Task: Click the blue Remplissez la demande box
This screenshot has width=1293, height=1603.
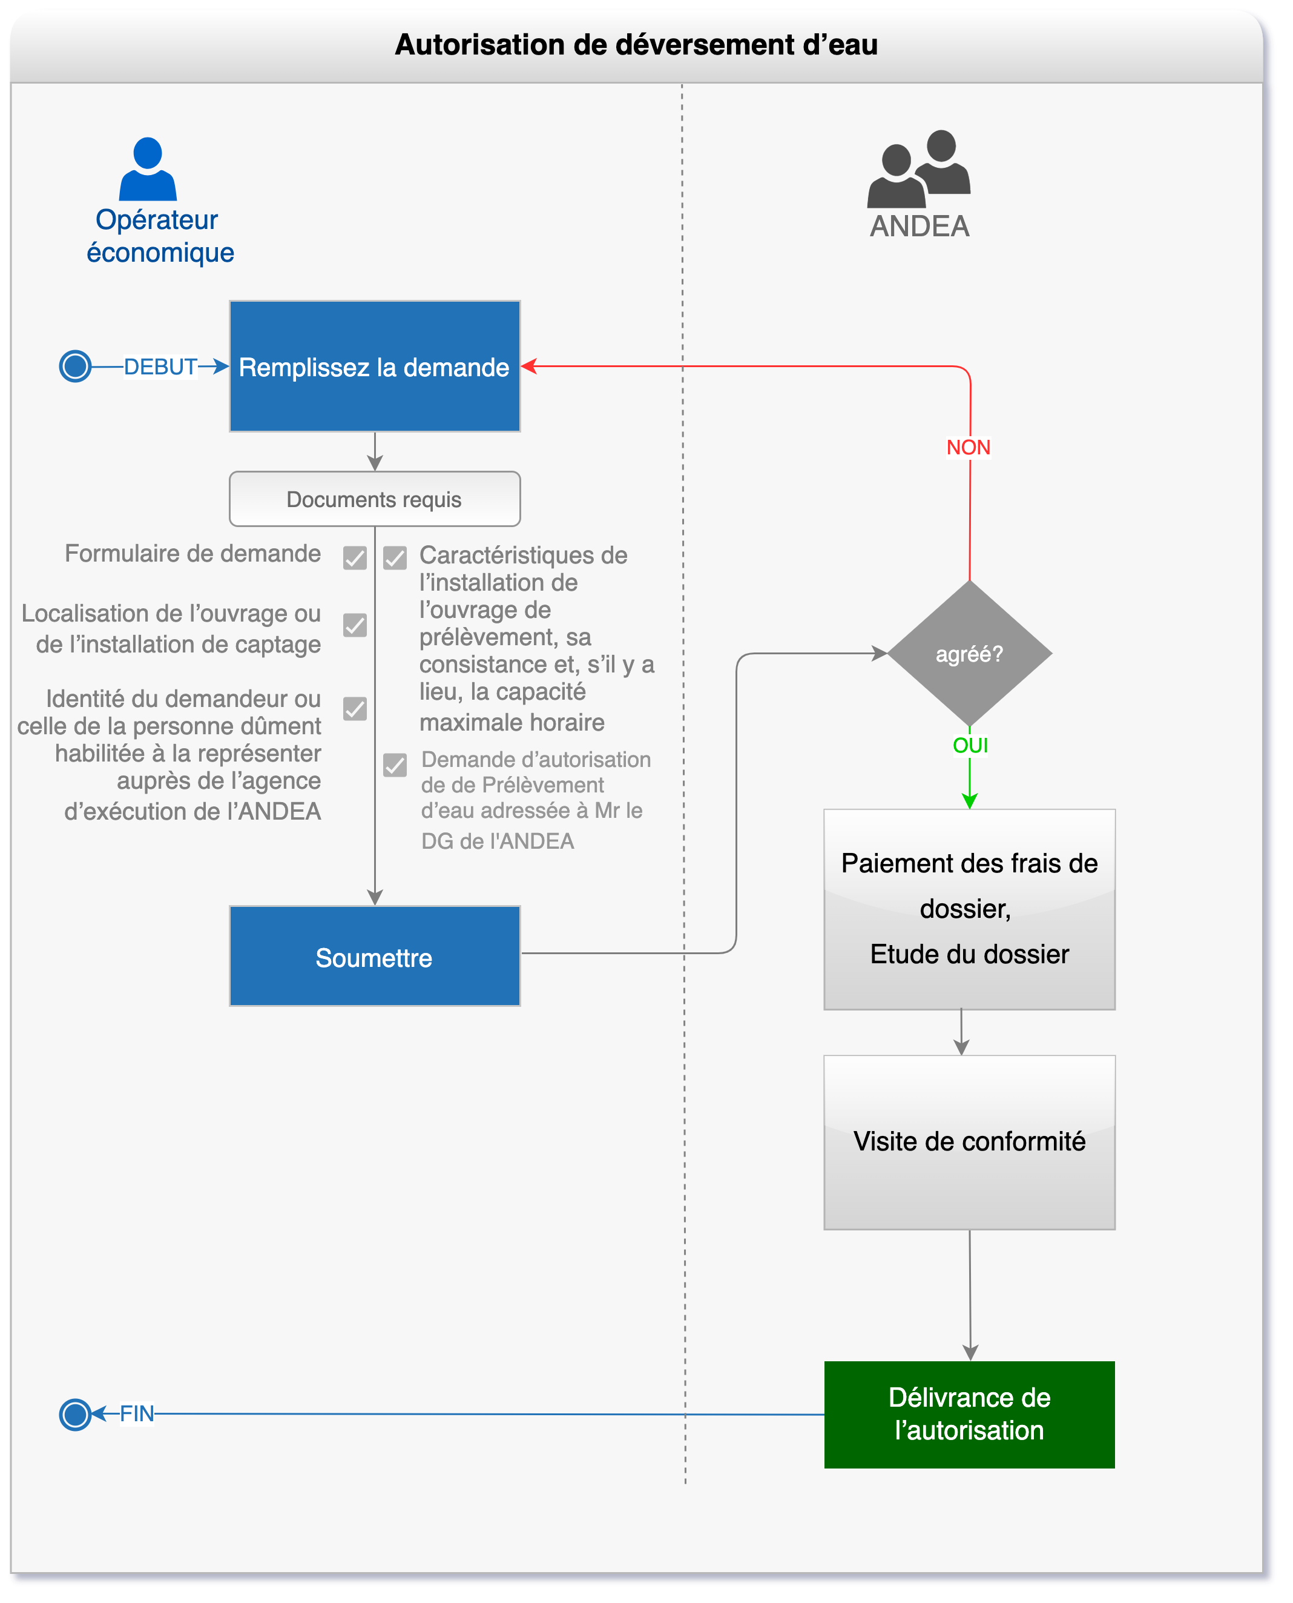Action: point(375,366)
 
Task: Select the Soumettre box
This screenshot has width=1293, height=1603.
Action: point(375,956)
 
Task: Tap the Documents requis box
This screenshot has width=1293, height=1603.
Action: point(375,499)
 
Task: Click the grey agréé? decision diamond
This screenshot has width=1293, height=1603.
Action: point(970,654)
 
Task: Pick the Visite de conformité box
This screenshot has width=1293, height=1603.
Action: point(969,1142)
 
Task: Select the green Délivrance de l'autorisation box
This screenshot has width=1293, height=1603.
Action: point(969,1415)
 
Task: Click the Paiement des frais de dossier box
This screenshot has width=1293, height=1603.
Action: point(969,909)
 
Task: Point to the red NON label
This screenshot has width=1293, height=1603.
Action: point(969,447)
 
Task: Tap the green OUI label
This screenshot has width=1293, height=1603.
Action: point(970,745)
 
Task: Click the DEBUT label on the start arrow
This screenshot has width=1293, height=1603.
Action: point(160,367)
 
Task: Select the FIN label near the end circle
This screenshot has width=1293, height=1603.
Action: point(137,1414)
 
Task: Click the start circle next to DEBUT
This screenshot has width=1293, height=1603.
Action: point(75,366)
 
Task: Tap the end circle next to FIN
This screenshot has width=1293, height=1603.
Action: point(75,1414)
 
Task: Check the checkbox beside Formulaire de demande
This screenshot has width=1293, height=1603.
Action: point(355,557)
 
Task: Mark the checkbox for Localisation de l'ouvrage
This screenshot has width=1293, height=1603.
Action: point(355,625)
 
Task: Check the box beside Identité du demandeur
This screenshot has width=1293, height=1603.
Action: point(355,709)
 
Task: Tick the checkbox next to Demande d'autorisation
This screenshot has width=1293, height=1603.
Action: point(395,765)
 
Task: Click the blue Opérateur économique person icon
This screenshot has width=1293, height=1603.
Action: point(148,169)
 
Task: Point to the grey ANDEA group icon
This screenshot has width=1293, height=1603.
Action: point(919,168)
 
